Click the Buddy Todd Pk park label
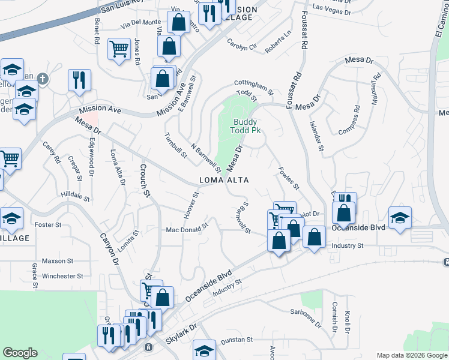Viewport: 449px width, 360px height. [x=246, y=126]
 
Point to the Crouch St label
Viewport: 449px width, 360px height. [x=144, y=179]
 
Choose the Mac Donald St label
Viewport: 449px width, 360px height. [x=186, y=229]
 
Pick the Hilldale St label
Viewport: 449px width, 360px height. [x=75, y=196]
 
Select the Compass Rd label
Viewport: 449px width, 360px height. [x=349, y=120]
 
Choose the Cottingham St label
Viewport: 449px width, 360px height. [x=253, y=88]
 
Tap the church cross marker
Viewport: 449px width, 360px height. [x=42, y=78]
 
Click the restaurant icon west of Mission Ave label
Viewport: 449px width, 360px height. [x=79, y=79]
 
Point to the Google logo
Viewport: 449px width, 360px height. [x=20, y=353]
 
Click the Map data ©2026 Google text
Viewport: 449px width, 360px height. [x=411, y=355]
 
